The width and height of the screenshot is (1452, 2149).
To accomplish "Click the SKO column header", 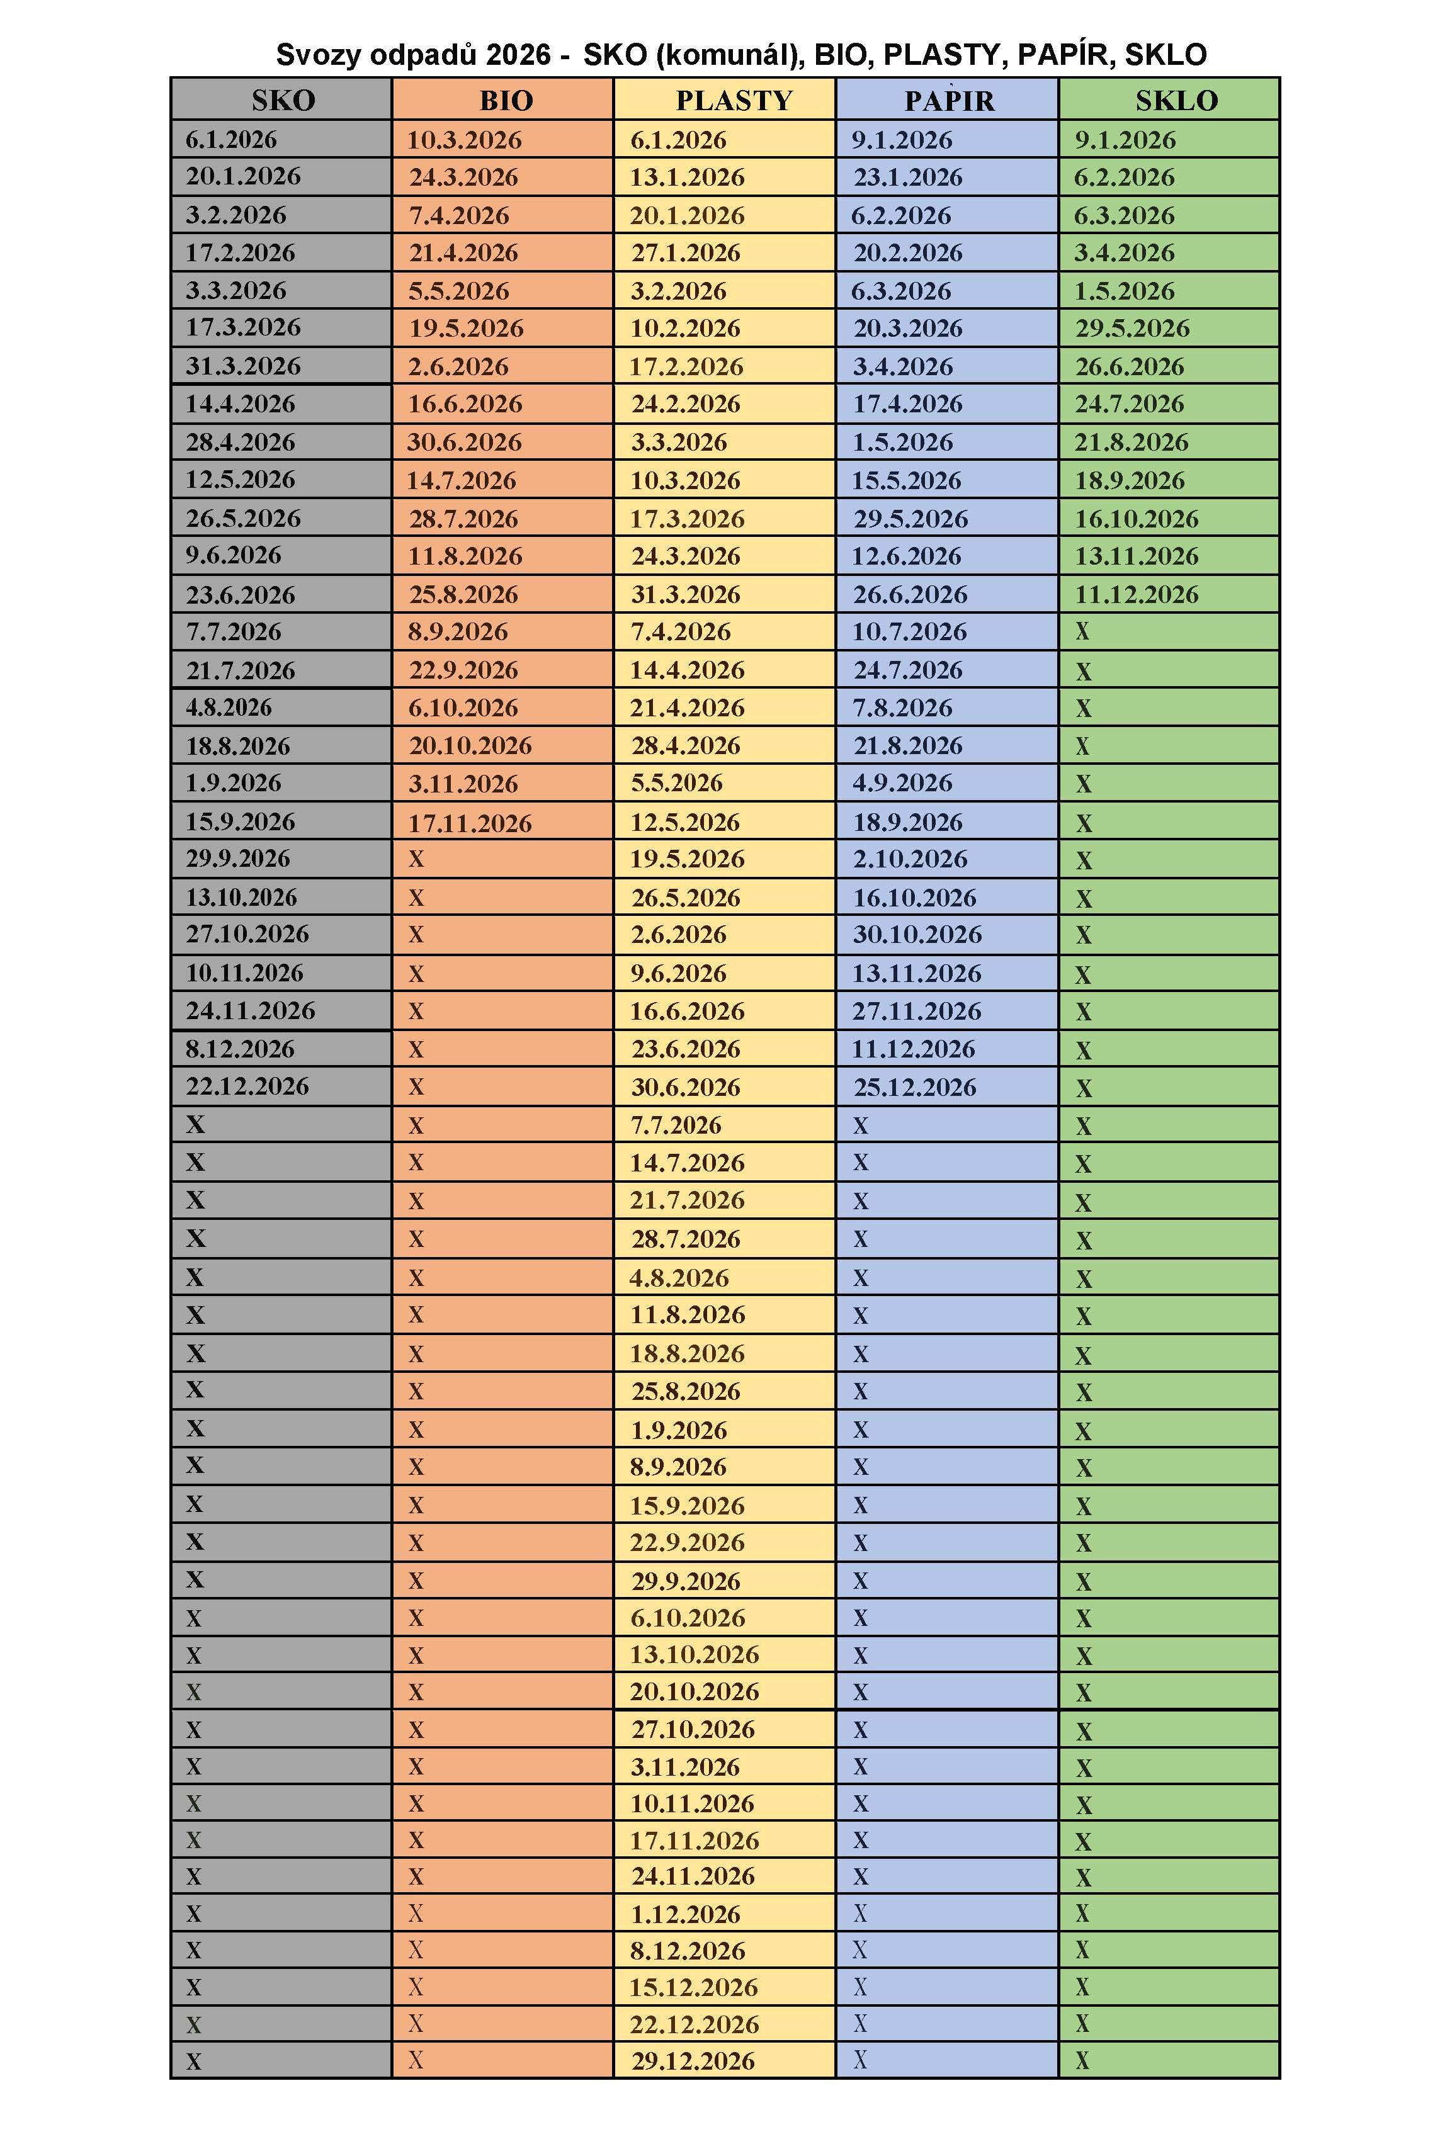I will coord(283,100).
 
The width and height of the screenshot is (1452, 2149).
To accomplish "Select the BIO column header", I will coord(506,100).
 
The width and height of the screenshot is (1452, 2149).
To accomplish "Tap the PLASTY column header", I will coord(734,100).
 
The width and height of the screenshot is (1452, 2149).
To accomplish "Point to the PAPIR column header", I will coord(949,100).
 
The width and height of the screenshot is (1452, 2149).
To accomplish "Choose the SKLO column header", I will coord(1176,100).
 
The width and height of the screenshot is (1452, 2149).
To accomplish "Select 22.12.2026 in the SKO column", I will coord(247,1086).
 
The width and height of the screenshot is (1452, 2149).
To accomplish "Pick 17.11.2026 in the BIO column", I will coord(470,822).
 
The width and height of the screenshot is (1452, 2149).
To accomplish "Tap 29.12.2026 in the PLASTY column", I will coord(693,2060).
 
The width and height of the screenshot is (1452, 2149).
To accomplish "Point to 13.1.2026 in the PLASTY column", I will coord(687,177).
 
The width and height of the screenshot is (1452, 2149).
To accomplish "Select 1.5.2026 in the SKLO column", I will coord(1124,290).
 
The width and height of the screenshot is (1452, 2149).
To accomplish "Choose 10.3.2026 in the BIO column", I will coord(464,140).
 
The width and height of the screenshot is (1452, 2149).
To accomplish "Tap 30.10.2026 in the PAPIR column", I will coord(917,934).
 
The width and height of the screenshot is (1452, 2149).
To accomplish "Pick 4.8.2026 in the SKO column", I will coord(229,708).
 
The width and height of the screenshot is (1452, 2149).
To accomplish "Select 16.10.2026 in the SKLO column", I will coord(1136,518).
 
